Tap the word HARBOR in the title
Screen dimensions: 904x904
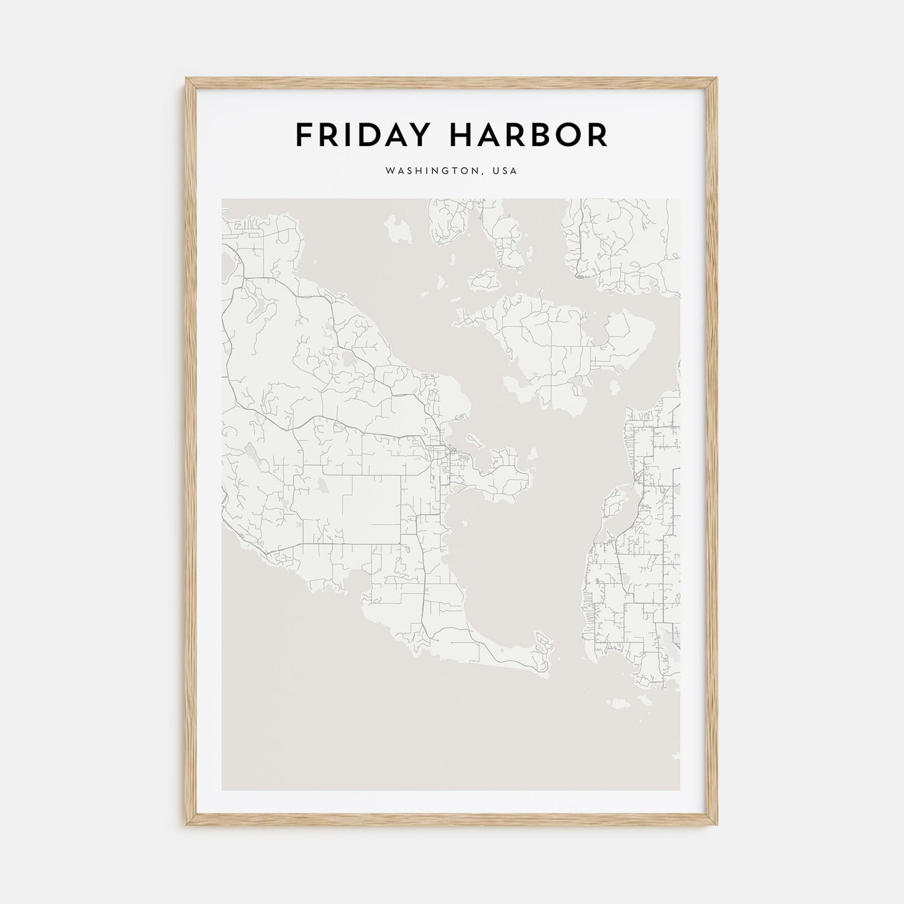point(533,134)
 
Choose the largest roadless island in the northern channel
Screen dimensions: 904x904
point(398,230)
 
